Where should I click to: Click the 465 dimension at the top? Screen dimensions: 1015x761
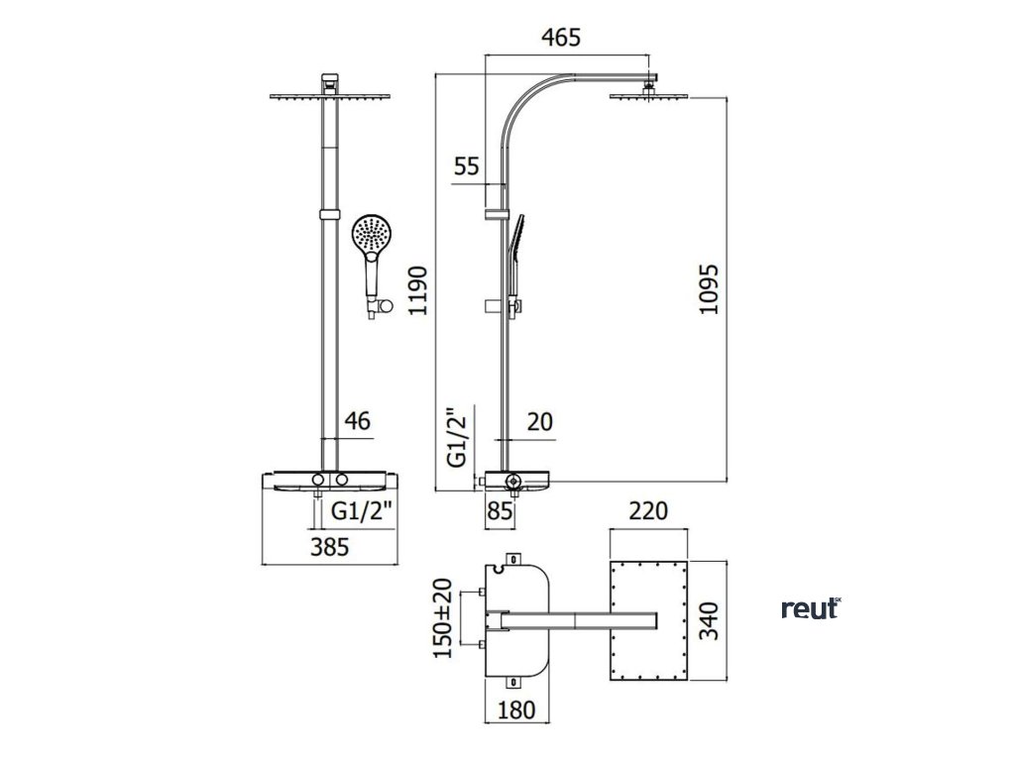coord(560,38)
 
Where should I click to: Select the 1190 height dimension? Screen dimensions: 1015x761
coord(419,290)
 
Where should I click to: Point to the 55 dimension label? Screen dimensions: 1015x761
coord(467,165)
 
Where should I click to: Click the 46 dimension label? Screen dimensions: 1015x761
coord(356,421)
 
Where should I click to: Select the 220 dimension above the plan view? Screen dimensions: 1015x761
coord(649,511)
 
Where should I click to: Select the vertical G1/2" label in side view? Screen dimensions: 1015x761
coord(457,437)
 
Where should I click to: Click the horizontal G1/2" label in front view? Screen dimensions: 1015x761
coord(363,512)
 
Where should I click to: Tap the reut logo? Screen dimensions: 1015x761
coord(811,608)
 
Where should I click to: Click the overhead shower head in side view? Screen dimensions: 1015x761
coord(650,95)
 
